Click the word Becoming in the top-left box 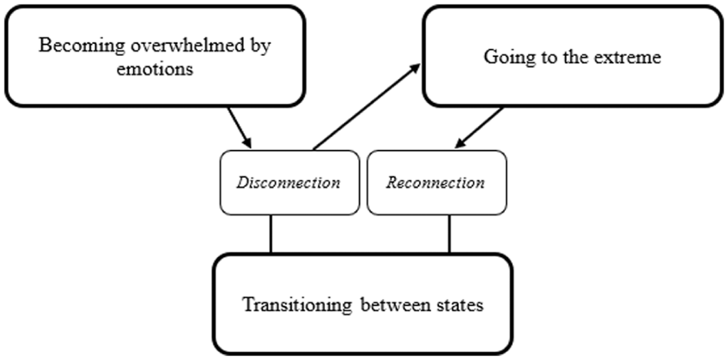click(70, 46)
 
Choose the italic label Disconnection click(288, 183)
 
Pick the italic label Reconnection click(436, 183)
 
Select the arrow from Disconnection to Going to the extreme click(367, 107)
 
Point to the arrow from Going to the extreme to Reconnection click(479, 128)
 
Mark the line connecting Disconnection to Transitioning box click(271, 234)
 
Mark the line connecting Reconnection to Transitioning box click(448, 234)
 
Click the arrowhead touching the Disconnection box click(248, 143)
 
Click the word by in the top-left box click(260, 47)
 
